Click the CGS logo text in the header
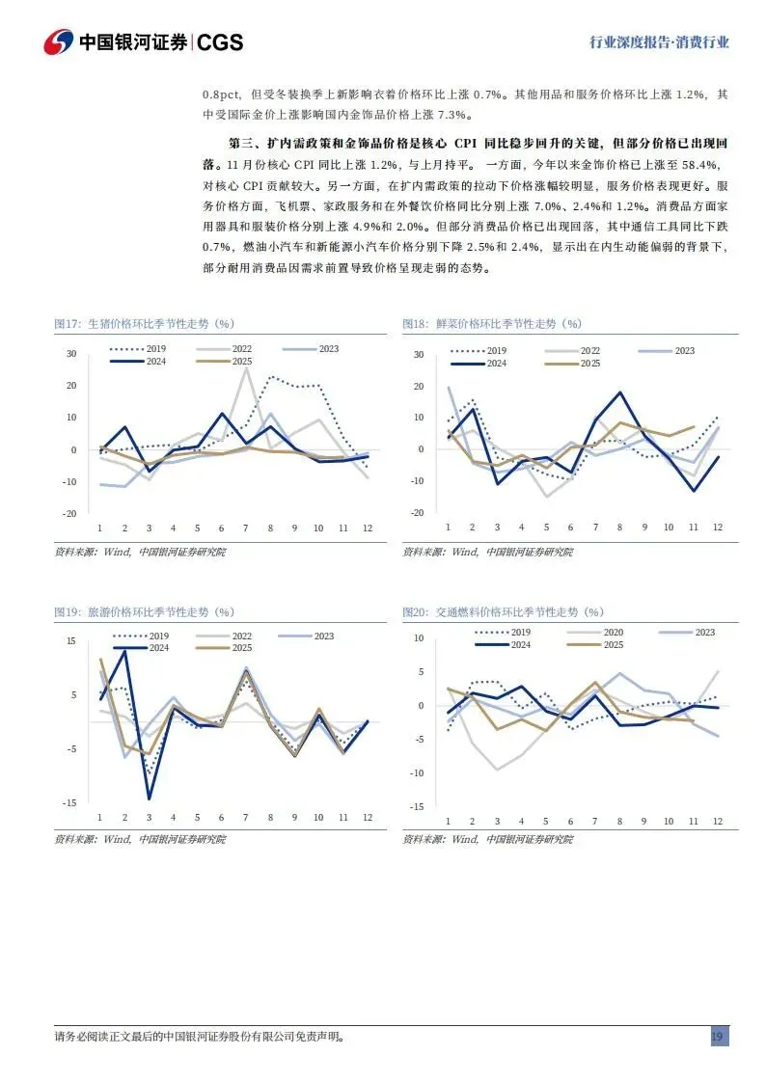[x=219, y=42]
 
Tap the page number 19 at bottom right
[x=718, y=1037]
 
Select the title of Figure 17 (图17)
[x=144, y=324]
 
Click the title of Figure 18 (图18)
[x=492, y=324]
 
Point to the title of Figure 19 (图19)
[x=144, y=611]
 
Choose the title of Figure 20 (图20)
[x=503, y=611]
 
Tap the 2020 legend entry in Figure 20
[x=607, y=632]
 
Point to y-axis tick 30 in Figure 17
[x=70, y=354]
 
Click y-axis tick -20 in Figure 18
[x=418, y=513]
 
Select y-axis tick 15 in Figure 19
[x=70, y=641]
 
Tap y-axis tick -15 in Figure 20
[x=417, y=806]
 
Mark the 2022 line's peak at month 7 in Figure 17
[x=246, y=368]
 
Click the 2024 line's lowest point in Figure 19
[x=149, y=799]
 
